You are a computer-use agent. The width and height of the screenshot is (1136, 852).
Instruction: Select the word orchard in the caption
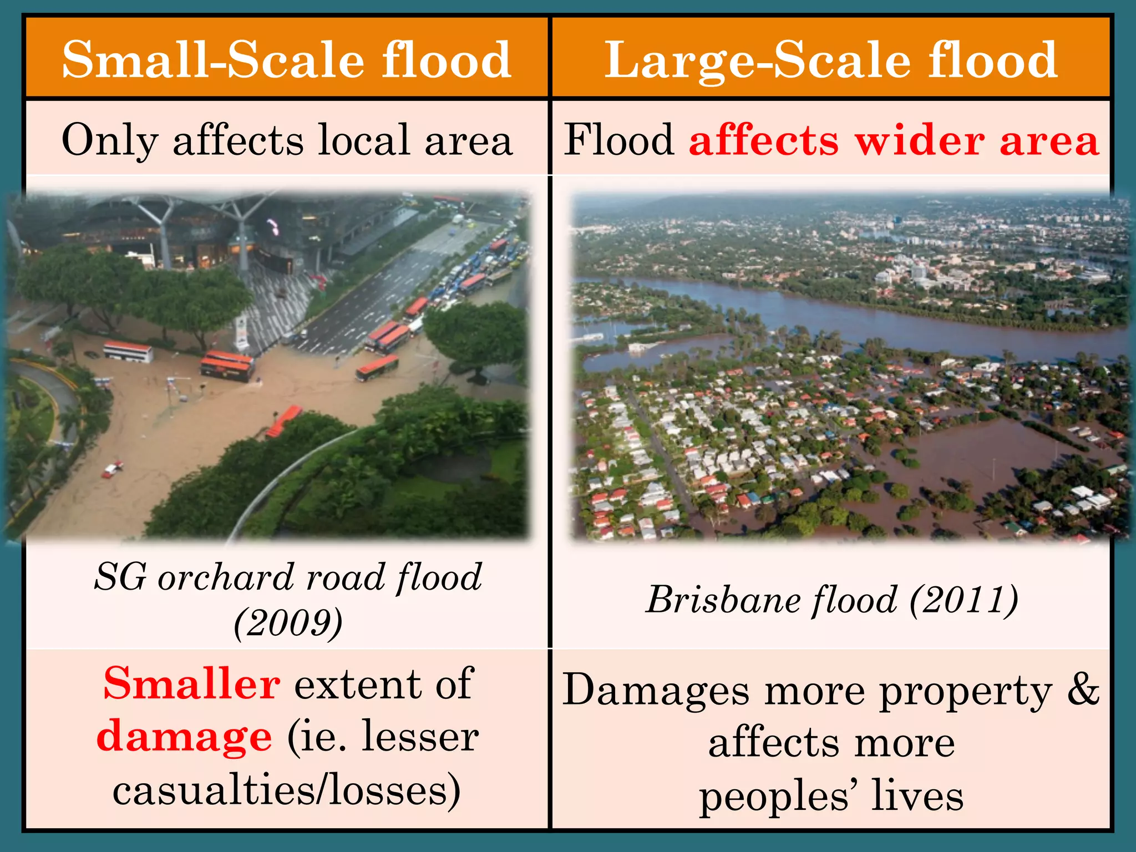226,577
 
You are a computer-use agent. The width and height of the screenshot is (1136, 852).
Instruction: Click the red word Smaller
191,684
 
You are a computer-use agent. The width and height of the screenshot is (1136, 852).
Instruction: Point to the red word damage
184,737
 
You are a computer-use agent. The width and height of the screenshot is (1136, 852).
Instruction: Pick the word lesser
420,737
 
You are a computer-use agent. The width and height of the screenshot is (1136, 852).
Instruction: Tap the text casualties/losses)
286,790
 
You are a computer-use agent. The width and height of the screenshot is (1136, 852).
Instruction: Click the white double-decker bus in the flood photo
128,352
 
